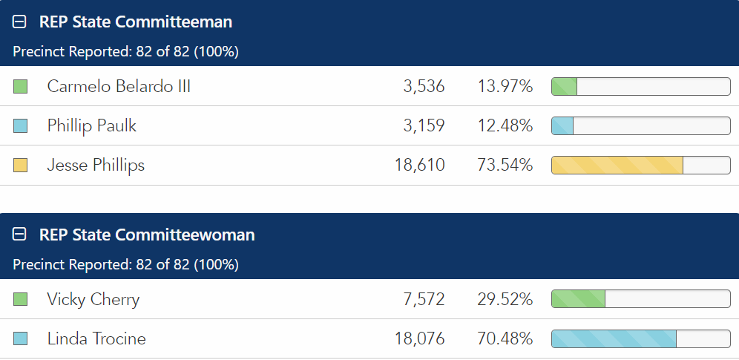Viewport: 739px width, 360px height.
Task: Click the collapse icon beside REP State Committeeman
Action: click(20, 22)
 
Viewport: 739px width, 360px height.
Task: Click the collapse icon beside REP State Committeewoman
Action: click(20, 235)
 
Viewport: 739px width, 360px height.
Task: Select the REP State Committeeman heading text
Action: click(136, 22)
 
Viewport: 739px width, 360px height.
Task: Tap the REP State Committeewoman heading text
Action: click(147, 235)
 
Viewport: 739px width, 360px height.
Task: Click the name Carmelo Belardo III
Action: click(119, 86)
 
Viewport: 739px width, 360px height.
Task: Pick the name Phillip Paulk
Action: click(92, 126)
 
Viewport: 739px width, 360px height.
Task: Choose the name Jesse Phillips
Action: click(96, 165)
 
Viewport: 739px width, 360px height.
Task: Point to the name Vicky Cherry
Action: click(93, 299)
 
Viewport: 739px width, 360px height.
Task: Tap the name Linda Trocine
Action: click(96, 339)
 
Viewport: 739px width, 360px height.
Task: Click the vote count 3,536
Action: click(424, 86)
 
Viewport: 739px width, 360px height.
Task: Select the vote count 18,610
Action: click(420, 165)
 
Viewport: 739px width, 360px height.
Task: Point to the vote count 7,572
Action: click(424, 299)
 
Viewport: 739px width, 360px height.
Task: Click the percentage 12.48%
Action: click(505, 126)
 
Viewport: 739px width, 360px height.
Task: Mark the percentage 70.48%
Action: click(505, 339)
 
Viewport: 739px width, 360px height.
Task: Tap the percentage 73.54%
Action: click(505, 165)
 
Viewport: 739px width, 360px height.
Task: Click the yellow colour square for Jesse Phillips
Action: click(21, 166)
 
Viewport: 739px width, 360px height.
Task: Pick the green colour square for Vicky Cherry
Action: click(21, 299)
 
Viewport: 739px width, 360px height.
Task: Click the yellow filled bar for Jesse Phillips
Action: click(617, 165)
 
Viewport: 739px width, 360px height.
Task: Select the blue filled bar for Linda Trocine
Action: click(614, 339)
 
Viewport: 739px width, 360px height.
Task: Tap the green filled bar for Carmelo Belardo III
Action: click(565, 86)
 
